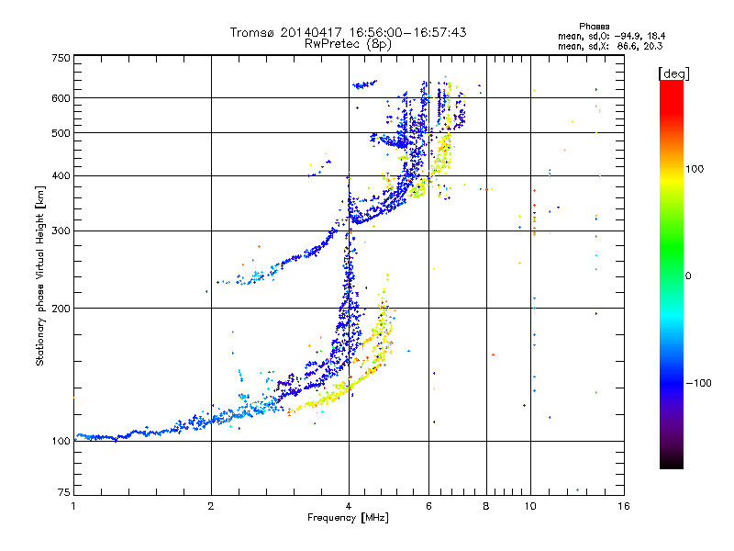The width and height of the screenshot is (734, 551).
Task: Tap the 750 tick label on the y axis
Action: [60, 58]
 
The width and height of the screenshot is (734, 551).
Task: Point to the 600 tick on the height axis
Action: [60, 97]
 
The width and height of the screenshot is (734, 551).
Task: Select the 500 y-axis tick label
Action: [60, 133]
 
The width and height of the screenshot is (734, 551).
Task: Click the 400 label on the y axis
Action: [60, 175]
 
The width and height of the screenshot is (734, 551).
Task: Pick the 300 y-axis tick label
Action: [60, 231]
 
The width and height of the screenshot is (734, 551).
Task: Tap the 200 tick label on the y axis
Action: [60, 309]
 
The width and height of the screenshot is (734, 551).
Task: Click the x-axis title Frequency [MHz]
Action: [348, 518]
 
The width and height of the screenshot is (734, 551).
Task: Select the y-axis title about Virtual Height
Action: [40, 275]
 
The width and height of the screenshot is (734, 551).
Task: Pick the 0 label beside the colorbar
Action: [688, 275]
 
